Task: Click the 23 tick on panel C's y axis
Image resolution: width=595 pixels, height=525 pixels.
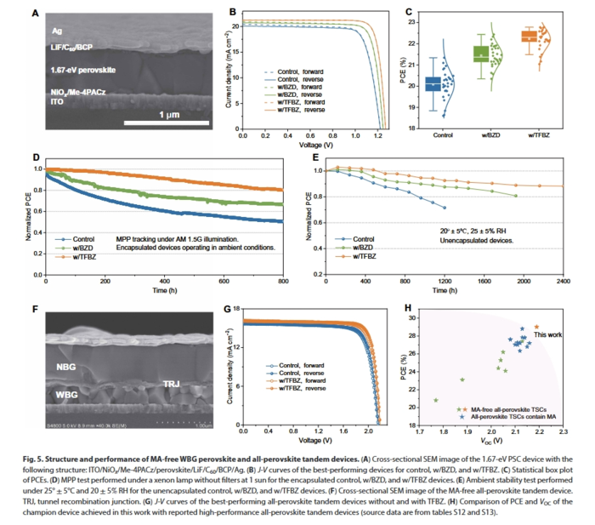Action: [411, 43]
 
